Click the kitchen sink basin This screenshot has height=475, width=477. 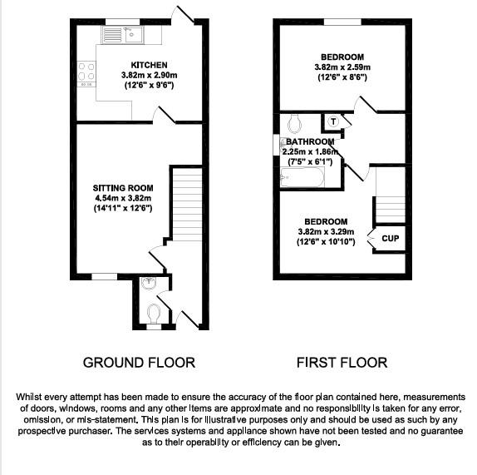point(113,34)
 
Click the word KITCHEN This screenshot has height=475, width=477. point(150,65)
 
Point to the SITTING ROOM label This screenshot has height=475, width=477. point(122,189)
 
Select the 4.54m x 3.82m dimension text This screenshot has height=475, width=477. point(122,199)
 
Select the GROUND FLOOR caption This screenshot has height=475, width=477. point(139,363)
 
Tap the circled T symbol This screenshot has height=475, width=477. point(333,121)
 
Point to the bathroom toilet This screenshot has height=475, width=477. point(293,124)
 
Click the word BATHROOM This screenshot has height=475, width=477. point(310,141)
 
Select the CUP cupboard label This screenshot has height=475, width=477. point(389,238)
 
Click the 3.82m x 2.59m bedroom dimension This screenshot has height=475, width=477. point(341,67)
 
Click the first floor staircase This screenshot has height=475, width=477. point(390,195)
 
